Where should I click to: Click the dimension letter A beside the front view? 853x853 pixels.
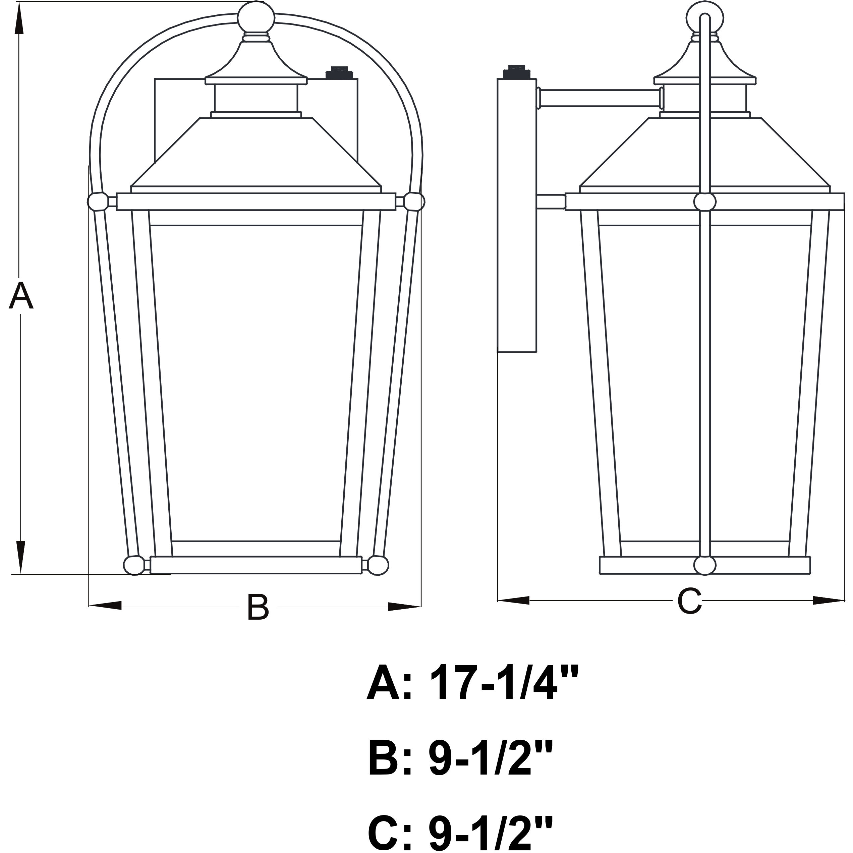[x=21, y=295]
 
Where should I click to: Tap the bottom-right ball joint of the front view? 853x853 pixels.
[x=378, y=565]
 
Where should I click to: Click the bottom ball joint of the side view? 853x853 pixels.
[x=705, y=565]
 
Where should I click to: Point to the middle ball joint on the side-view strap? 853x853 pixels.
[x=705, y=202]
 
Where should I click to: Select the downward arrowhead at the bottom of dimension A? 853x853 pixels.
[x=20, y=557]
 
